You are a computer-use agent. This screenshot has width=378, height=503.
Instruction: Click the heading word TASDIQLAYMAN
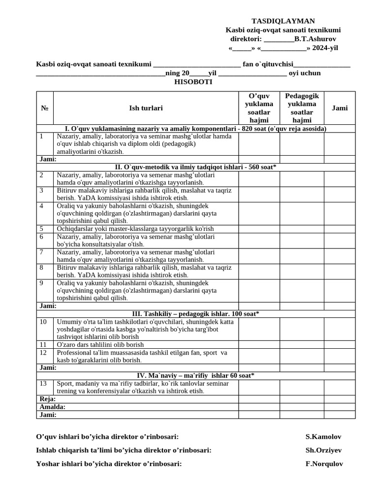283,21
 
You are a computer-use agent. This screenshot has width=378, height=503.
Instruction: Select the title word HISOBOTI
193,82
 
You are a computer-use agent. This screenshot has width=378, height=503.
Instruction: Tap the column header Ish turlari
146,108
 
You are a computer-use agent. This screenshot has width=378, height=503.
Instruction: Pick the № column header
44,108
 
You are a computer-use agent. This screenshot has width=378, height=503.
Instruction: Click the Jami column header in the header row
340,108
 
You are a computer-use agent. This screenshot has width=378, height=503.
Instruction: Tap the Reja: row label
47,399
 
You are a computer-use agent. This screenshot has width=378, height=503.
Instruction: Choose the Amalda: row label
52,407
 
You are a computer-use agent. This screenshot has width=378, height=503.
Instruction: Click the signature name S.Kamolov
323,437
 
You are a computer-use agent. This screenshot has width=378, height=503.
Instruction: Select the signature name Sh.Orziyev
323,450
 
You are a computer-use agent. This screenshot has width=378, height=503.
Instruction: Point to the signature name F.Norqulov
324,464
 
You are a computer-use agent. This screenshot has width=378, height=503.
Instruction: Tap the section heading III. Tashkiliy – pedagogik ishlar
195,314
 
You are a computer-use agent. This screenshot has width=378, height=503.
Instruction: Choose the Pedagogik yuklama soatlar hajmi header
302,108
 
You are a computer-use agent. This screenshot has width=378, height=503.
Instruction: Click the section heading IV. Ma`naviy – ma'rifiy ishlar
195,376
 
